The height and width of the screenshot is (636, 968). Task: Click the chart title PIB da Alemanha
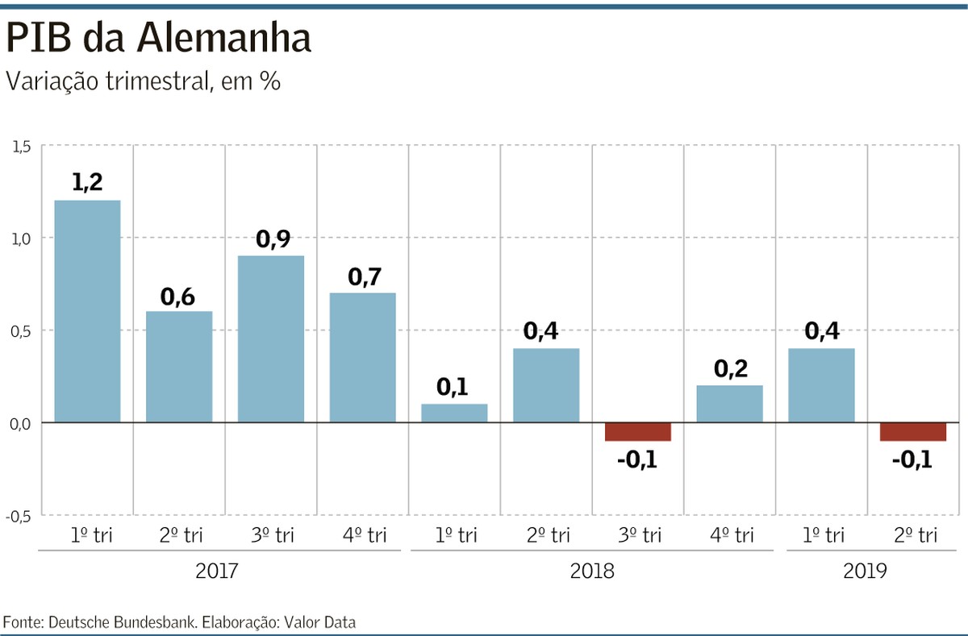(x=158, y=39)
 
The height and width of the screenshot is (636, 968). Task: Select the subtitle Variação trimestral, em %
(x=143, y=81)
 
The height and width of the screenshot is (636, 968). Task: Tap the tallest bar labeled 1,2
(x=87, y=310)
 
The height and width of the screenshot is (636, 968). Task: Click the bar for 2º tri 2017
(x=179, y=366)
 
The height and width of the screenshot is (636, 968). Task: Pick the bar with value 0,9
(x=271, y=339)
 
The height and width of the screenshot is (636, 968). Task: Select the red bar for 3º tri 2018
(x=638, y=431)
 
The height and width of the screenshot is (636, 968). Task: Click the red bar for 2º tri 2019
(x=913, y=431)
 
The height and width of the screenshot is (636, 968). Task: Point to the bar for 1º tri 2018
(x=454, y=413)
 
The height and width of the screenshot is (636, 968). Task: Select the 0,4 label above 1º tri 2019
(x=821, y=331)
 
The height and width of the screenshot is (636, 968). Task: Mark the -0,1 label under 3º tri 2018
(x=637, y=462)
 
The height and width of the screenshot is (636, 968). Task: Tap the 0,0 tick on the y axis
(x=19, y=423)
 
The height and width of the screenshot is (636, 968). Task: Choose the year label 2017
(x=217, y=572)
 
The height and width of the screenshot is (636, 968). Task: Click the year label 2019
(x=866, y=572)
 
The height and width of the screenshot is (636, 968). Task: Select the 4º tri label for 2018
(x=729, y=535)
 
